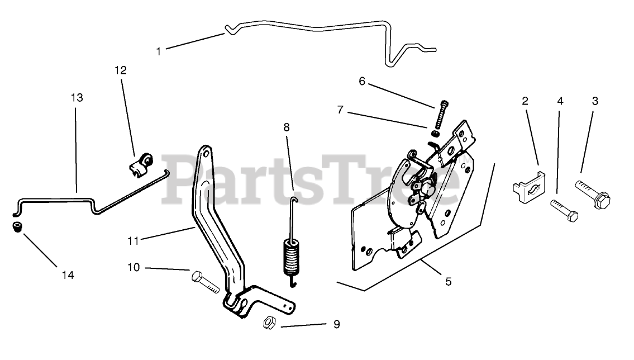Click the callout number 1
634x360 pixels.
[159, 51]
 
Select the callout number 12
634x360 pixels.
[121, 70]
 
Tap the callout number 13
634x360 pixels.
[77, 98]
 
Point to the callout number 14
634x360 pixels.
[68, 275]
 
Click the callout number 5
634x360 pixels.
[448, 282]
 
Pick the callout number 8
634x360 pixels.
[287, 127]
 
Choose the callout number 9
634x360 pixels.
[336, 324]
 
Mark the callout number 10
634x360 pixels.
[134, 268]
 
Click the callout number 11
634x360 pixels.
[133, 241]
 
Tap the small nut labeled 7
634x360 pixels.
[435, 134]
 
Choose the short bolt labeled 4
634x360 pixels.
[564, 211]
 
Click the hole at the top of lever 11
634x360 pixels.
[206, 153]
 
